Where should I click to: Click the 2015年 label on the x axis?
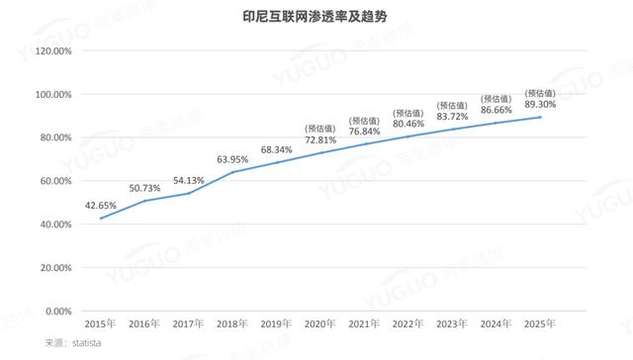(101, 324)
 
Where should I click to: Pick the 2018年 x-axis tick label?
(231, 324)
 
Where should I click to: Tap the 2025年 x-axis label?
(539, 324)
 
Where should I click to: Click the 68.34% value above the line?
(277, 150)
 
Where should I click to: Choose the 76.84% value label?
(363, 132)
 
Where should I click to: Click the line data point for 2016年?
(145, 201)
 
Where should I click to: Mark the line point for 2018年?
(232, 172)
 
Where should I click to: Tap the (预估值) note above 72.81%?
(320, 127)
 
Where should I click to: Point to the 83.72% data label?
(451, 117)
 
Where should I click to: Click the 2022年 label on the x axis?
(407, 324)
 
